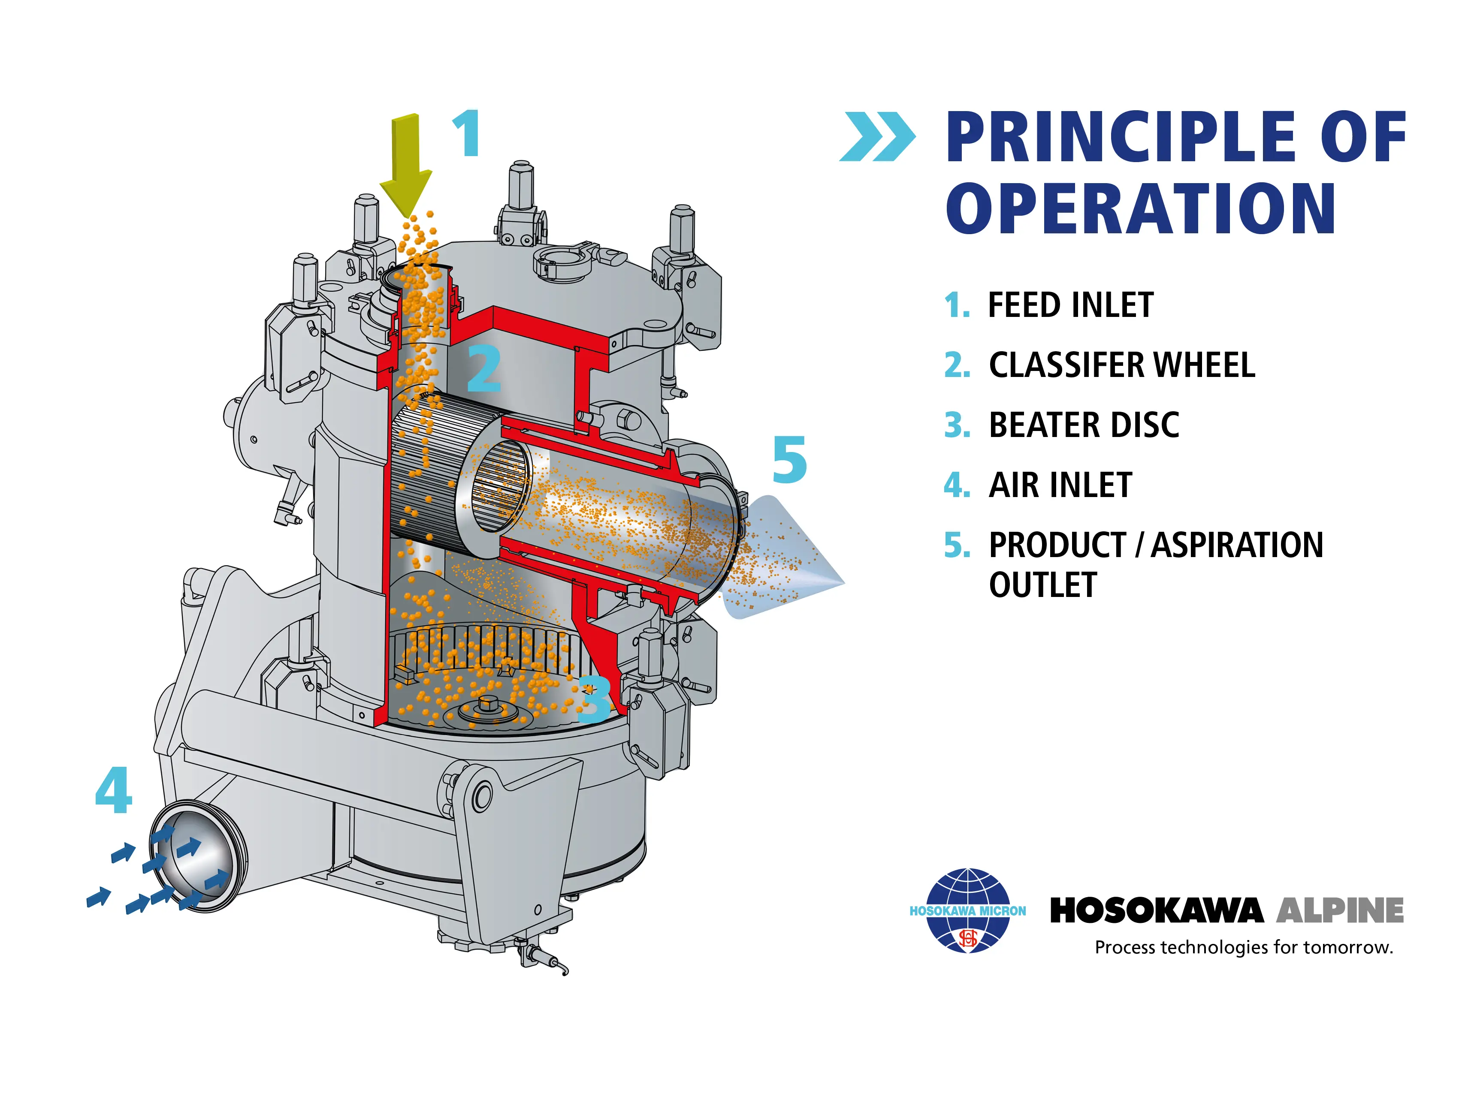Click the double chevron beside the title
click(877, 136)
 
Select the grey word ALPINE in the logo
click(1340, 911)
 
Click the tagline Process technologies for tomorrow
click(1244, 948)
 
